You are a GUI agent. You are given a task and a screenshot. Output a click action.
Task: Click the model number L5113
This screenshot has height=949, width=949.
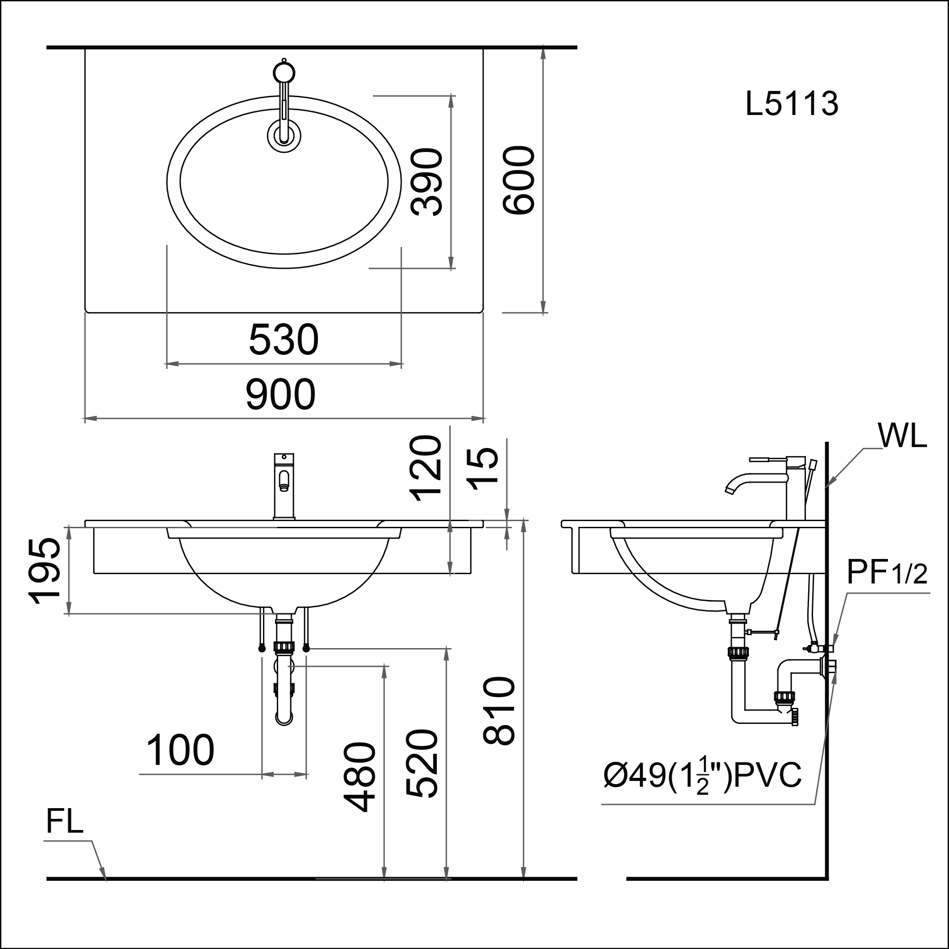tap(792, 104)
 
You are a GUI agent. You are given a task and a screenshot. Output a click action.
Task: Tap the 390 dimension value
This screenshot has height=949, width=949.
tap(427, 182)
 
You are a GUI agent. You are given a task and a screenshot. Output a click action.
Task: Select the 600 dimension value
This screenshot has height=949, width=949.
tap(519, 180)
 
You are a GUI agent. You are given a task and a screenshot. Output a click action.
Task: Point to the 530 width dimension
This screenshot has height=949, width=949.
tap(284, 340)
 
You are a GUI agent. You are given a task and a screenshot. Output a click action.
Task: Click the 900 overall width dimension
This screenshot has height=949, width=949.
tap(280, 394)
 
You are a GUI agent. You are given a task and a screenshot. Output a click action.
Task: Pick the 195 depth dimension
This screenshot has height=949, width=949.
tap(45, 570)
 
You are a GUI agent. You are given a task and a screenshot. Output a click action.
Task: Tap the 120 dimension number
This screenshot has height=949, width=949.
tap(427, 468)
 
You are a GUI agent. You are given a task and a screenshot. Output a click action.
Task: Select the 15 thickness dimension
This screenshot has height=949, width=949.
tap(482, 468)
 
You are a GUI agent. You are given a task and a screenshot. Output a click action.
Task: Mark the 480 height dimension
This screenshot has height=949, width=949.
tap(360, 776)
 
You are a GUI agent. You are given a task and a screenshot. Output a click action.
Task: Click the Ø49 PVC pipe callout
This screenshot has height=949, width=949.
tap(703, 776)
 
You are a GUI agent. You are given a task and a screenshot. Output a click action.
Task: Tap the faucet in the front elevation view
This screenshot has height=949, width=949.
tap(284, 486)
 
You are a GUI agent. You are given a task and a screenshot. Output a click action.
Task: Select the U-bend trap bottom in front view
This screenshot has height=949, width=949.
tap(284, 719)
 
